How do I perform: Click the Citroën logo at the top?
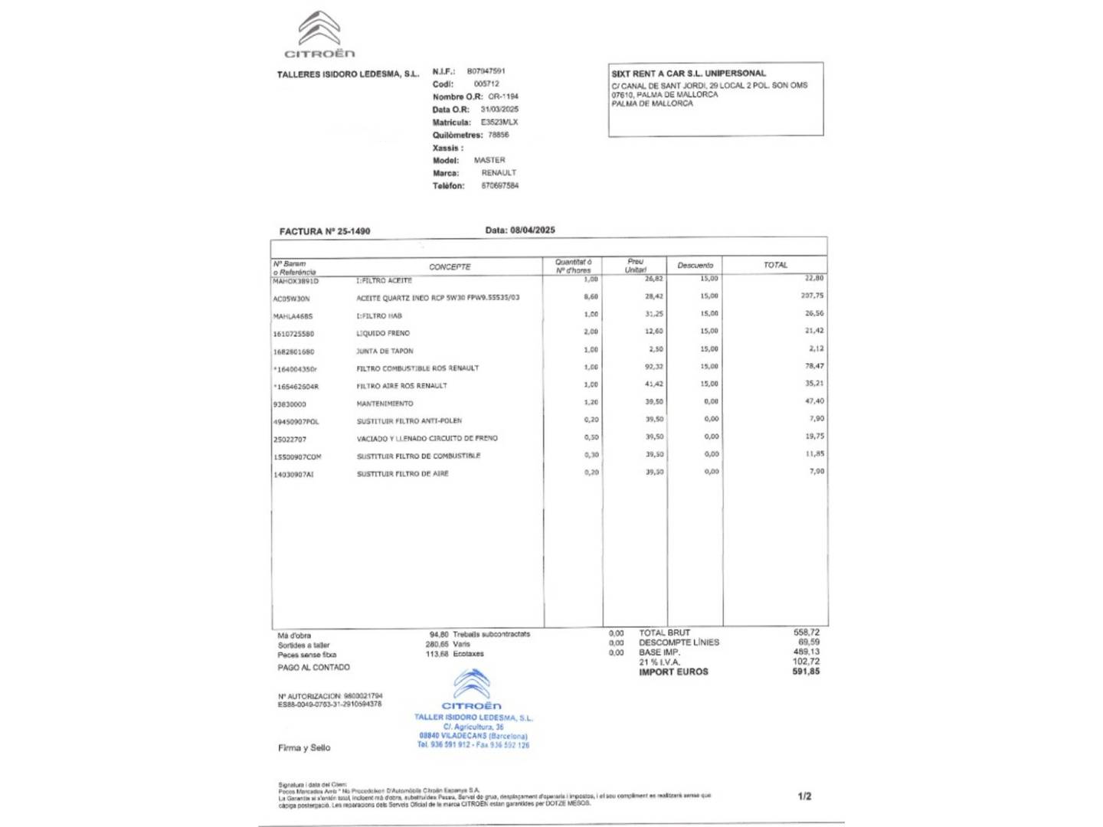[319, 35]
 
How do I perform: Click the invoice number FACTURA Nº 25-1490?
[325, 231]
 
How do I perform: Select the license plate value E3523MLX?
[499, 123]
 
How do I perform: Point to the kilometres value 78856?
[499, 135]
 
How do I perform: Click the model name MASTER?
[489, 160]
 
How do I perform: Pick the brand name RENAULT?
[499, 173]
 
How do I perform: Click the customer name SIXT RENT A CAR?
[689, 74]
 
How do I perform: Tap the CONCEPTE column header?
[450, 267]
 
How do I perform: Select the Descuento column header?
[695, 266]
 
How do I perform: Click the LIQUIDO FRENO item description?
[383, 333]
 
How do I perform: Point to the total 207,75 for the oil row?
[812, 296]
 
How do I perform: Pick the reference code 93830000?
[290, 404]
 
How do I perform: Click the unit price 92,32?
[654, 367]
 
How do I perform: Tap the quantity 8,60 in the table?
[591, 296]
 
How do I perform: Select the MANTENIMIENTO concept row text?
[385, 404]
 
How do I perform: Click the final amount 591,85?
[806, 672]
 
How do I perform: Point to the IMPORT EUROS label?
[673, 672]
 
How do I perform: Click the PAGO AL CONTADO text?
[314, 668]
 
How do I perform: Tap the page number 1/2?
[804, 796]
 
